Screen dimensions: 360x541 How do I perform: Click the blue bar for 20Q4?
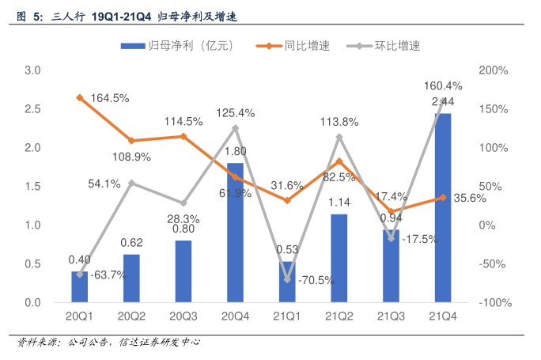[x=235, y=233]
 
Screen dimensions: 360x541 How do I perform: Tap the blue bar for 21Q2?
[x=339, y=258]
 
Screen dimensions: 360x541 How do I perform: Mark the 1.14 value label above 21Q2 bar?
[x=339, y=203]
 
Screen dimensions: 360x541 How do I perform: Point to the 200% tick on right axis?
[x=494, y=70]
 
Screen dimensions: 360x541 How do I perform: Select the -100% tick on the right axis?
[x=496, y=303]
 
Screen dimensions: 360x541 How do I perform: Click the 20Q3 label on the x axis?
[x=183, y=317]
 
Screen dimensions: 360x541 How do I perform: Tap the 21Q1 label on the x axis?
[x=287, y=317]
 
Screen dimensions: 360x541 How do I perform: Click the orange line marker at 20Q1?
[x=80, y=97]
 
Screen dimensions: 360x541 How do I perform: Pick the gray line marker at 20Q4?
[x=235, y=127]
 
